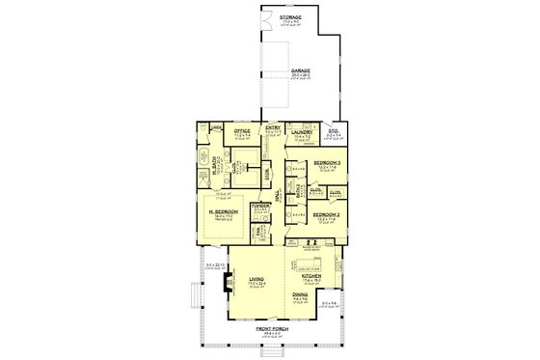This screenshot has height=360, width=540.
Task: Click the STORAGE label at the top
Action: pos(289,17)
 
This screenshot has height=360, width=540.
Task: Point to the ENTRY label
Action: pos(273,126)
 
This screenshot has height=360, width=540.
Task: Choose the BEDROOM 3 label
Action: pos(327,162)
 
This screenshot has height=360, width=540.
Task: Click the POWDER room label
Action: pos(259,207)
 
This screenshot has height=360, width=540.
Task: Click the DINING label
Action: pos(302,295)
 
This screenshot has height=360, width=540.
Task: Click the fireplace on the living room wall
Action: pos(227,283)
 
